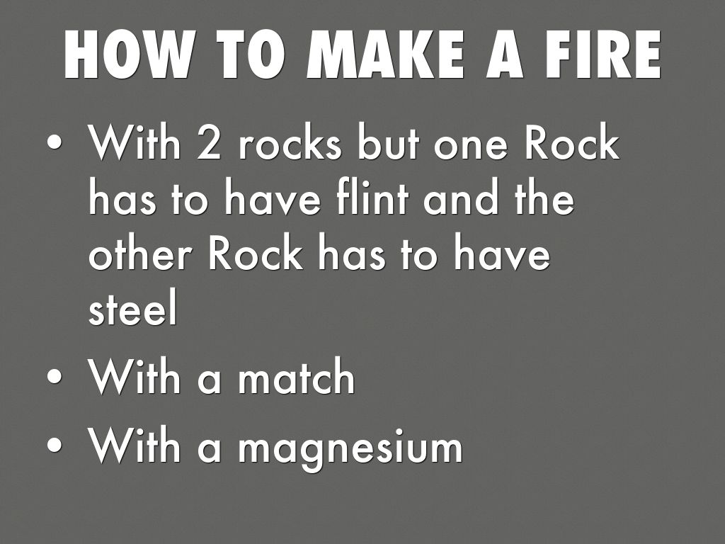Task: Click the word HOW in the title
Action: pos(127,55)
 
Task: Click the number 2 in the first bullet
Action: pos(209,143)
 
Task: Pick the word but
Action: pos(388,143)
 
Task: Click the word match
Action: pos(297,376)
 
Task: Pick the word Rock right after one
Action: pos(571,143)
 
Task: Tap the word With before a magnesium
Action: pos(135,445)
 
